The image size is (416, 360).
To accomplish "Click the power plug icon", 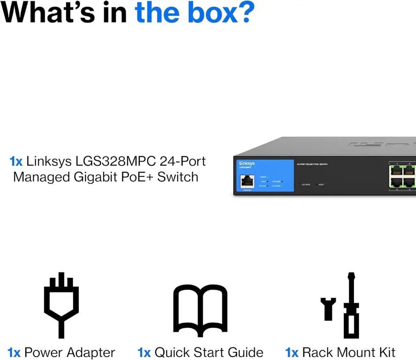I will tap(61, 305).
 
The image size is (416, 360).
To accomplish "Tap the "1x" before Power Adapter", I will tap(14, 352).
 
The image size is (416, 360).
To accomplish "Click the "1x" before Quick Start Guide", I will tap(144, 352).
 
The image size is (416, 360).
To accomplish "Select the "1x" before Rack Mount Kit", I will tap(292, 352).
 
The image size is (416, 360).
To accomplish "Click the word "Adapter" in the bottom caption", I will tap(91, 352).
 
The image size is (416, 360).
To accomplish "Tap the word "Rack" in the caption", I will tap(320, 352).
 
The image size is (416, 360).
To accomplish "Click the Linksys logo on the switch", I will tap(247, 163).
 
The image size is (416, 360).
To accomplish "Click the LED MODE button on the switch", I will tap(298, 184).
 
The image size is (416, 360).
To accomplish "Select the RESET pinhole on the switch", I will tap(316, 184).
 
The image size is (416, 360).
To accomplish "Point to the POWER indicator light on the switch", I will tap(268, 177).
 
